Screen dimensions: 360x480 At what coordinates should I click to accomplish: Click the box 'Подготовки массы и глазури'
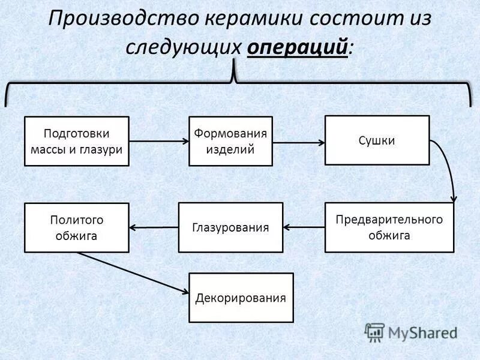(77, 141)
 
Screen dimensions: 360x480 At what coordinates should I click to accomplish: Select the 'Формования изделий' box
(230, 141)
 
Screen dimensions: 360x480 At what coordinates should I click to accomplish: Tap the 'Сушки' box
(377, 140)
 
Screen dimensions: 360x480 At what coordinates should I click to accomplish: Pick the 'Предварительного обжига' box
(389, 227)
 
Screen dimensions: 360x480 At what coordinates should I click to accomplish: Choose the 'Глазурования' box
(230, 227)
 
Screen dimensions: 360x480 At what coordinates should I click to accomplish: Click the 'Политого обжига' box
(77, 227)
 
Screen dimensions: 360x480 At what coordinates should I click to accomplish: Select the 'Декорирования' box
(241, 298)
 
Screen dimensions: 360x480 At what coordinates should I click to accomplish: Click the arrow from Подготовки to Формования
(159, 142)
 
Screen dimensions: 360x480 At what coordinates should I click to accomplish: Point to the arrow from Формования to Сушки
(299, 142)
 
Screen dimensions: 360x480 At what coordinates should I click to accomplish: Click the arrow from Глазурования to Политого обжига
(154, 227)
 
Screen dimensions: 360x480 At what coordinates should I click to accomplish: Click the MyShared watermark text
(422, 332)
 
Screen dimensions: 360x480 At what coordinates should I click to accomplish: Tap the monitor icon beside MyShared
(374, 332)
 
